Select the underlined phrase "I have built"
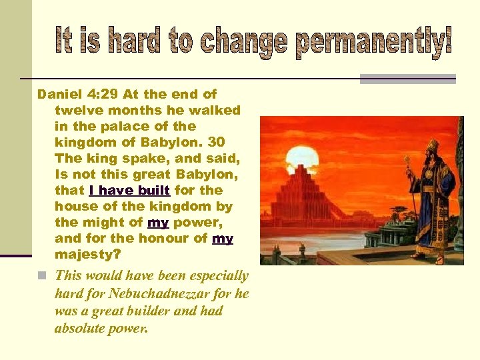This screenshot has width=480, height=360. point(129,191)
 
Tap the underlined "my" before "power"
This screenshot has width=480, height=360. point(157,223)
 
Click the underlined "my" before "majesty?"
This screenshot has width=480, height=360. point(223,239)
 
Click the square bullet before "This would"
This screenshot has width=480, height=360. point(42,276)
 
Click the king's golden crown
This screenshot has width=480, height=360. point(432,145)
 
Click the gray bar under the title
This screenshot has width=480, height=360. point(407,79)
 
